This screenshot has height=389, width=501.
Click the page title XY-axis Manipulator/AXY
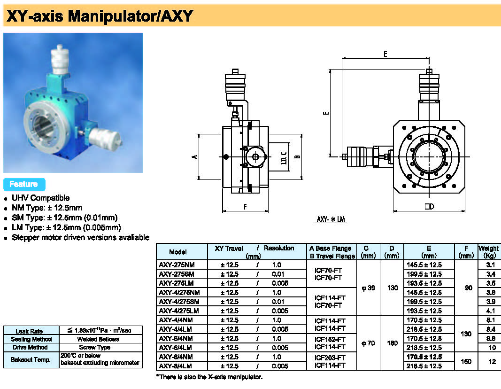(x=99, y=16)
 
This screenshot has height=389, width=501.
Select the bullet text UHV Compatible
(x=40, y=198)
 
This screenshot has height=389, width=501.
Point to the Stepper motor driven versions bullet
(x=80, y=237)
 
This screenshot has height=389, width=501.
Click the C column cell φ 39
(x=368, y=288)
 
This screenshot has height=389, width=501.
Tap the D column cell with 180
(x=392, y=343)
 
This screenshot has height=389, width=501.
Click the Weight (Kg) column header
(x=489, y=251)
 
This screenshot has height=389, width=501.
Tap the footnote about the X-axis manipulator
(x=209, y=377)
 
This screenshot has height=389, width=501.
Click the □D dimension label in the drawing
(x=429, y=207)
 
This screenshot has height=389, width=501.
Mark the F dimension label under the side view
(x=245, y=206)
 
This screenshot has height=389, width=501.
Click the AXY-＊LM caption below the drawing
(x=331, y=219)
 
